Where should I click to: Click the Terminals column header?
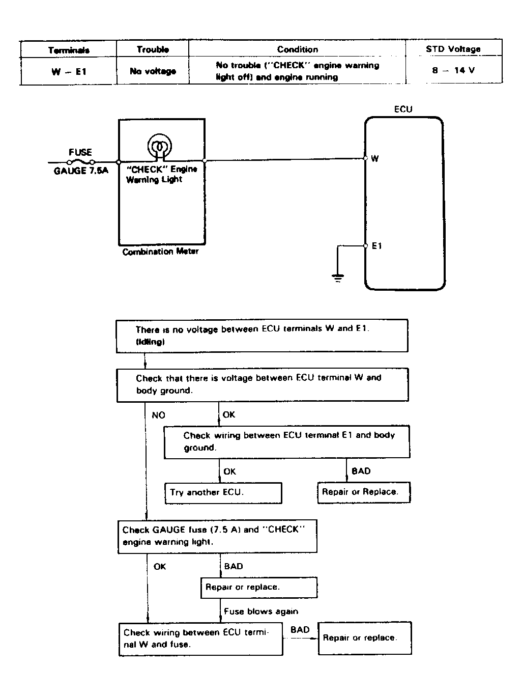click(x=69, y=50)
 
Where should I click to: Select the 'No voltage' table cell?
click(x=153, y=71)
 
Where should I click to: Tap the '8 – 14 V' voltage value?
click(x=453, y=70)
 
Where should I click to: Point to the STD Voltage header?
click(x=453, y=49)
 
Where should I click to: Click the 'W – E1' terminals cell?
click(x=69, y=72)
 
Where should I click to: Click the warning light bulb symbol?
click(x=159, y=146)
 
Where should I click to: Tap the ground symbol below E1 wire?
click(x=338, y=278)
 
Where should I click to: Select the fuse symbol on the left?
click(x=81, y=162)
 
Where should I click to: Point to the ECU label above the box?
click(x=403, y=109)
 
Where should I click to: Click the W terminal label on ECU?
click(x=374, y=158)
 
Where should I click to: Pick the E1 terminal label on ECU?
click(x=376, y=246)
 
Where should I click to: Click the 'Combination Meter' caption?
click(x=160, y=252)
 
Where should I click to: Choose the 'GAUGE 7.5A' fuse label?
click(x=81, y=171)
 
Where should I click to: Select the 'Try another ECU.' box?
click(x=223, y=493)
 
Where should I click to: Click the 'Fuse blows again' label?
click(x=261, y=611)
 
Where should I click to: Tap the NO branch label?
click(x=159, y=415)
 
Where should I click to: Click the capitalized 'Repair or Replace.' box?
click(x=364, y=492)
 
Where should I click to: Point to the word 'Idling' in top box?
click(x=150, y=342)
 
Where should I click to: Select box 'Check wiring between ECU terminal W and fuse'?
click(x=201, y=640)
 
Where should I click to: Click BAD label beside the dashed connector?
click(x=300, y=630)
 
